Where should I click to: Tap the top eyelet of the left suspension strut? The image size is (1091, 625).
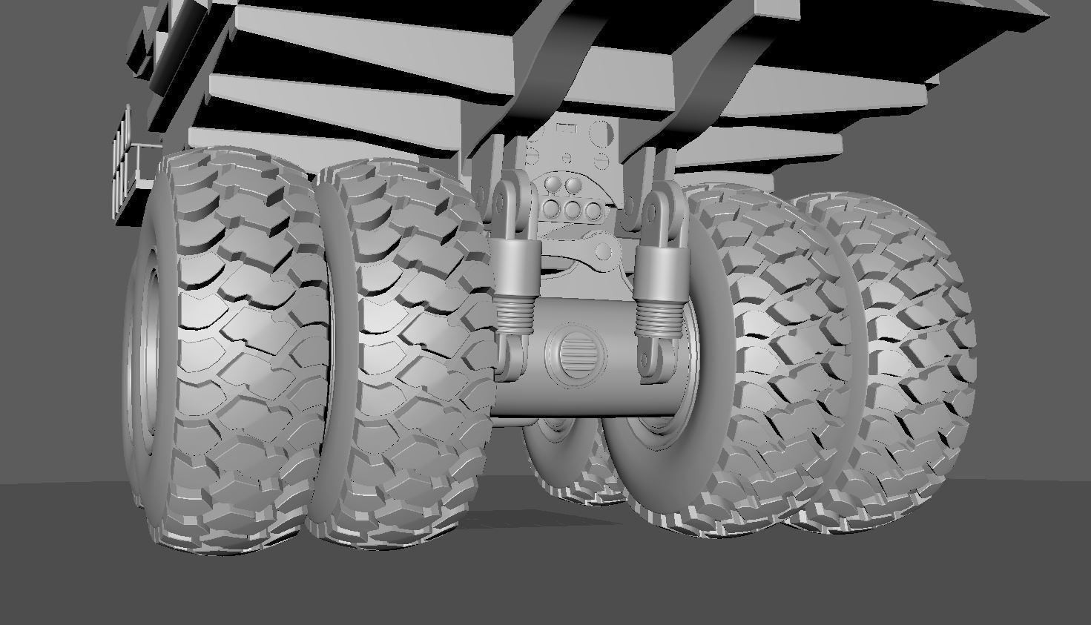pos(504,198)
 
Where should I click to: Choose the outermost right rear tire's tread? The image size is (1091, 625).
pos(912,356)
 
